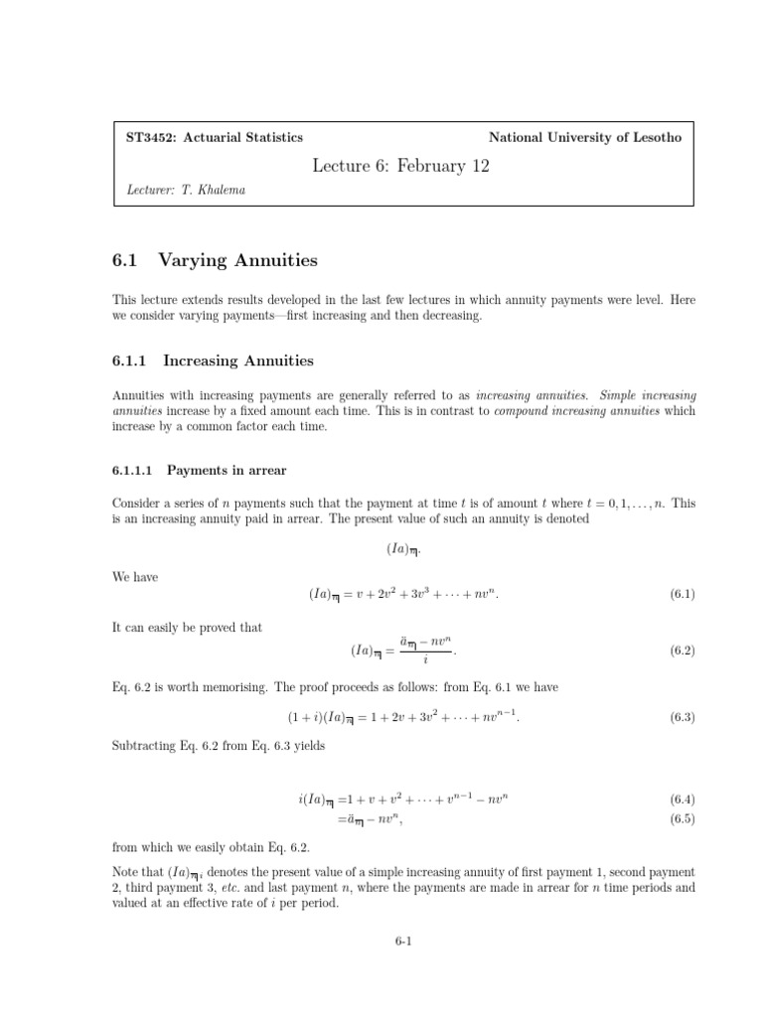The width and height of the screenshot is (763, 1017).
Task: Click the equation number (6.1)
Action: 682,594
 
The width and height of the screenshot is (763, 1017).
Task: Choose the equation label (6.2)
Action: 682,652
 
